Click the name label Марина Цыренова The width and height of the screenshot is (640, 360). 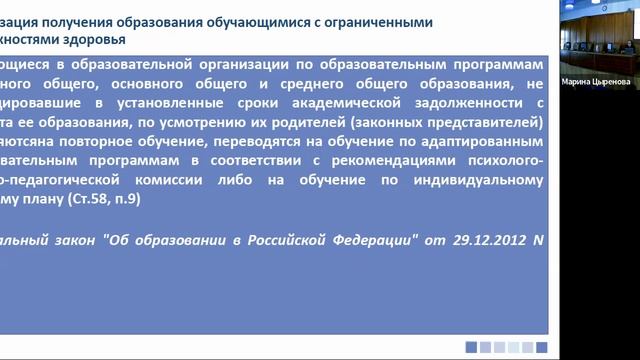click(x=596, y=84)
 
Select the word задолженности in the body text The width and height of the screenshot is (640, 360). click(x=463, y=104)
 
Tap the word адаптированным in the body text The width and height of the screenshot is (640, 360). click(x=484, y=141)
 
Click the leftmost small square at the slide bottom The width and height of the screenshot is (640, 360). click(x=471, y=346)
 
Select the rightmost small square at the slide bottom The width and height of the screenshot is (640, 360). click(x=541, y=346)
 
